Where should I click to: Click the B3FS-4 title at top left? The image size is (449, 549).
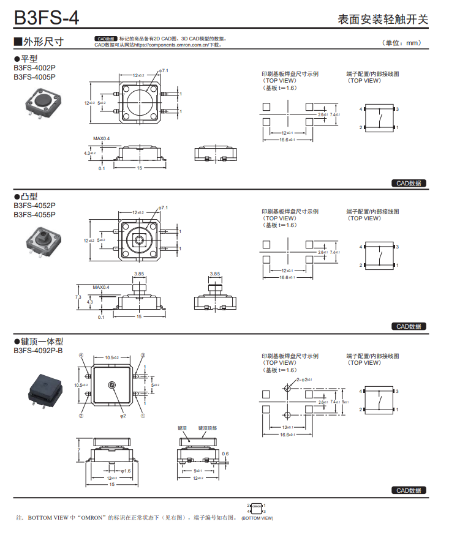(x=47, y=17)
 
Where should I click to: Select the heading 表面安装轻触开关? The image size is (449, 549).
(x=383, y=18)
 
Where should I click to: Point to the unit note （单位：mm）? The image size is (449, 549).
(x=402, y=43)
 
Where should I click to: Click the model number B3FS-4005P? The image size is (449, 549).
(x=34, y=77)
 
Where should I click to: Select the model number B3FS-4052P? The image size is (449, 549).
(x=34, y=206)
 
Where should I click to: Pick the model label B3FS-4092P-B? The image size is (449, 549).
(x=38, y=351)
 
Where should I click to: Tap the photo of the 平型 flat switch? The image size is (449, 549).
(x=42, y=104)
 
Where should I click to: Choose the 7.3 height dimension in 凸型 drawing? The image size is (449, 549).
(x=78, y=297)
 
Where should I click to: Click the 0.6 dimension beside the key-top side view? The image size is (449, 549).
(x=225, y=454)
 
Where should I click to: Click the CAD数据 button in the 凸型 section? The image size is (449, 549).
(x=409, y=326)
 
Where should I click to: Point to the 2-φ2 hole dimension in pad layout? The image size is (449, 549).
(x=304, y=380)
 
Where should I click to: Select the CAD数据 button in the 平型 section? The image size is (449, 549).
(x=409, y=183)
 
